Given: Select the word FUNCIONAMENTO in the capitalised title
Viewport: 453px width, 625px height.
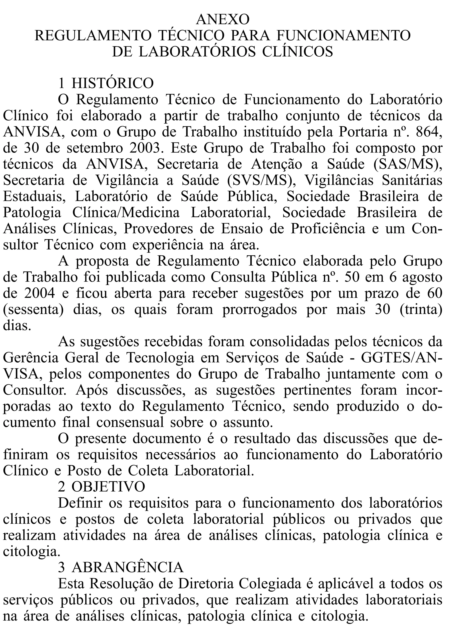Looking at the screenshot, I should (x=343, y=36).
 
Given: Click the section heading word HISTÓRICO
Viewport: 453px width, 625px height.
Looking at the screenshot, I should (x=112, y=83).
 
